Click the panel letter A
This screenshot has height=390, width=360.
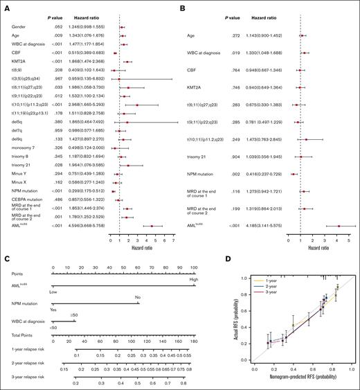point(6,6)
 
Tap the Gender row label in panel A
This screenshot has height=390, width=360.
point(19,26)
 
